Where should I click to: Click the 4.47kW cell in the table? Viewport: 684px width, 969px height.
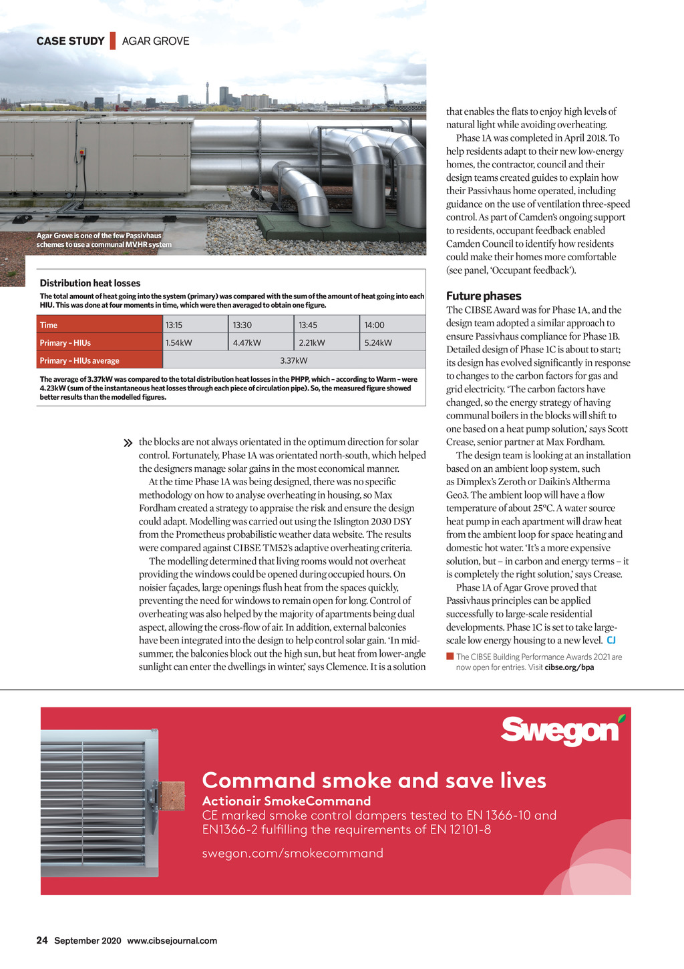pyautogui.click(x=261, y=343)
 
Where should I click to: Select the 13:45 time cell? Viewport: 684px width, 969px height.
pyautogui.click(x=327, y=325)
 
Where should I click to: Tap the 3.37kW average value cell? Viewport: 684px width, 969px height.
pyautogui.click(x=294, y=360)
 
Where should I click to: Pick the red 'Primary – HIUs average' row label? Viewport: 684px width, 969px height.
pyautogui.click(x=99, y=360)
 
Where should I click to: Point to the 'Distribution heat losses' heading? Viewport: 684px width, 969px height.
pyautogui.click(x=90, y=283)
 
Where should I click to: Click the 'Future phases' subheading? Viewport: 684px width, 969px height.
pyautogui.click(x=484, y=296)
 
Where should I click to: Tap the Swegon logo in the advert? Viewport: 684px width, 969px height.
pyautogui.click(x=562, y=731)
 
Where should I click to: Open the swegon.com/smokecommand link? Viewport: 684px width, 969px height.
pyautogui.click(x=293, y=853)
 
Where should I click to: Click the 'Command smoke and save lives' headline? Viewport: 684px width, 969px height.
pyautogui.click(x=374, y=780)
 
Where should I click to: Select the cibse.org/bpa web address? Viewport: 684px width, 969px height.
pyautogui.click(x=569, y=667)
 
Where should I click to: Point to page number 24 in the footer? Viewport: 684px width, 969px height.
pyautogui.click(x=42, y=940)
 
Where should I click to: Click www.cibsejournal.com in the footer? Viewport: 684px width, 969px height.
pyautogui.click(x=172, y=940)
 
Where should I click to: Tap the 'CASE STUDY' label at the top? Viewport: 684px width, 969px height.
pyautogui.click(x=70, y=41)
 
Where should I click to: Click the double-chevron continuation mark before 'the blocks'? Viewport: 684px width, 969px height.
pyautogui.click(x=128, y=443)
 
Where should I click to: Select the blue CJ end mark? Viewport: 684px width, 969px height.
pyautogui.click(x=611, y=641)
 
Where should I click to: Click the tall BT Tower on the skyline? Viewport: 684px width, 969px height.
pyautogui.click(x=208, y=94)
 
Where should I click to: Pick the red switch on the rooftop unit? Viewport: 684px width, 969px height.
pyautogui.click(x=82, y=151)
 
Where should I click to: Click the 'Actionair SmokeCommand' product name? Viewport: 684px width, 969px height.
pyautogui.click(x=286, y=801)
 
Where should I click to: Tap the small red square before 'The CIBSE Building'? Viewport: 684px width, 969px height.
pyautogui.click(x=450, y=657)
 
